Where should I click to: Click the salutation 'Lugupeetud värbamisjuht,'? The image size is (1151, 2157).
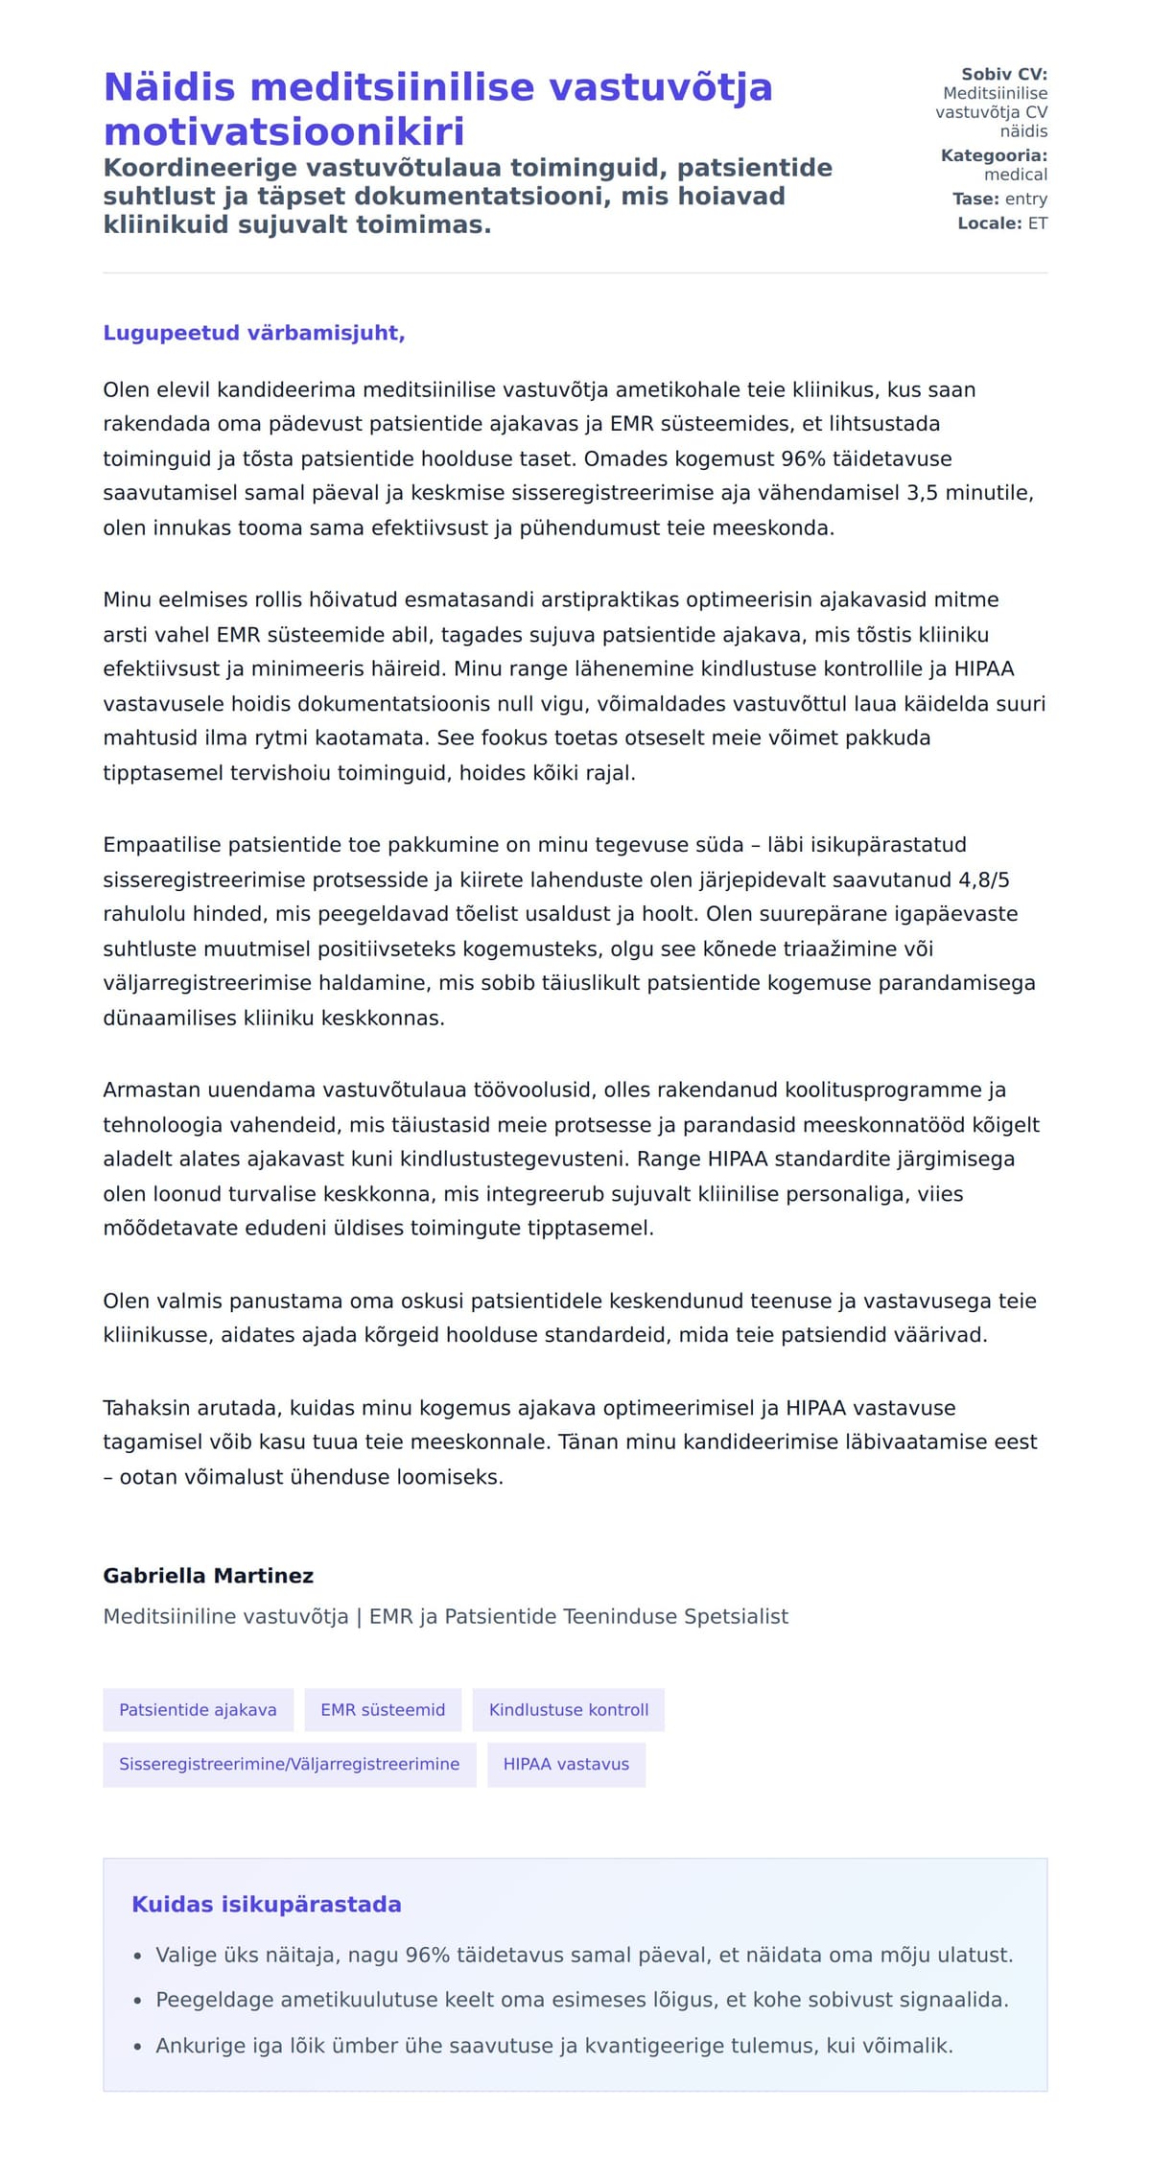click(254, 333)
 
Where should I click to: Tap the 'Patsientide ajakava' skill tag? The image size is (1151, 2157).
click(198, 1709)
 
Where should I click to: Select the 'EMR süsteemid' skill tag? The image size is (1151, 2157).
click(383, 1709)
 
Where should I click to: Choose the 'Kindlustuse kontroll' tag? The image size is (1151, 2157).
click(569, 1709)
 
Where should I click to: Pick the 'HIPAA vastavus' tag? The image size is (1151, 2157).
click(566, 1764)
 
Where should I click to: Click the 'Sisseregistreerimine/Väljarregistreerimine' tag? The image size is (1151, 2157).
click(289, 1764)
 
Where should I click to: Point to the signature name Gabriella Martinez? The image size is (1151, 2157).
click(208, 1576)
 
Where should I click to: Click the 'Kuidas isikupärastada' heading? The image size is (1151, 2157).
click(266, 1904)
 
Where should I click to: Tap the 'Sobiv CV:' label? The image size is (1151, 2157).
click(1004, 74)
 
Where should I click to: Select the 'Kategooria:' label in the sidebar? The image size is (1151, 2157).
click(994, 155)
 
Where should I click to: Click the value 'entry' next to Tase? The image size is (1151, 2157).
click(1026, 199)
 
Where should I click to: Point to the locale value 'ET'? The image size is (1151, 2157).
click(1038, 223)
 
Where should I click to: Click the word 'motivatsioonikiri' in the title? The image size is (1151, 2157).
click(284, 131)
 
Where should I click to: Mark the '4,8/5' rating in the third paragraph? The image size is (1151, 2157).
click(984, 879)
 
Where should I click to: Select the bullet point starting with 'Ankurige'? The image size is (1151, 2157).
click(554, 2046)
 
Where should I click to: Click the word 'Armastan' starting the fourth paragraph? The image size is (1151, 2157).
click(147, 1090)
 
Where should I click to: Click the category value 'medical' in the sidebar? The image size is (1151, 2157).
click(1016, 175)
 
